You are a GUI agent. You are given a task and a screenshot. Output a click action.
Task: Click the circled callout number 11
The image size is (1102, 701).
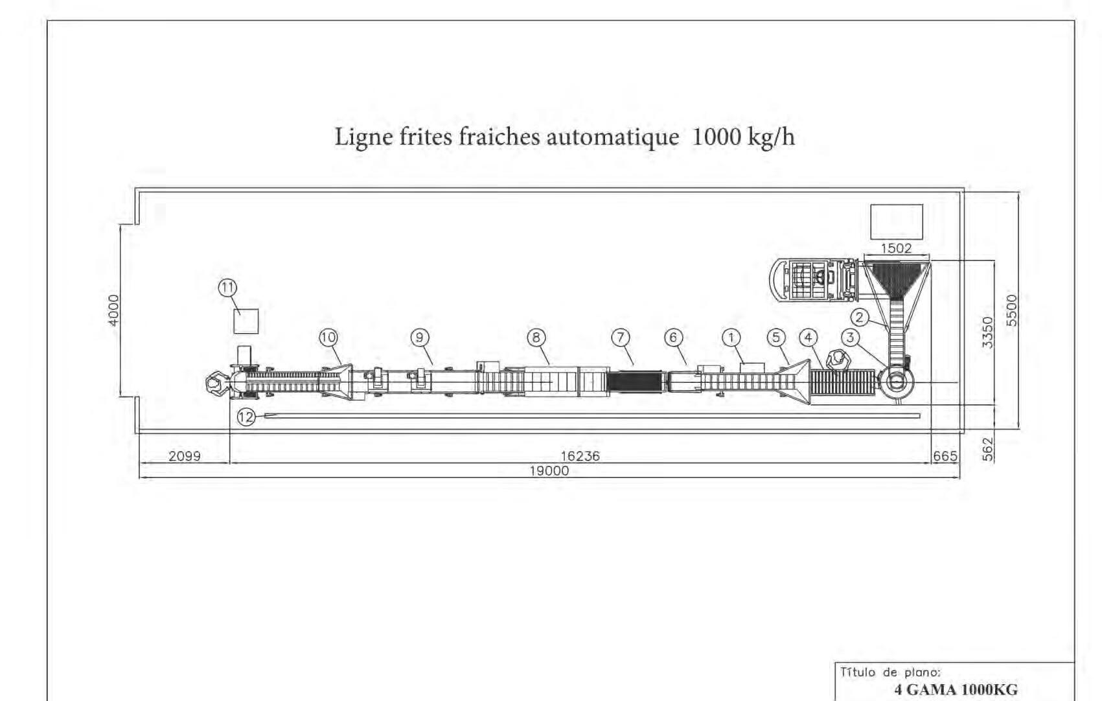(x=227, y=288)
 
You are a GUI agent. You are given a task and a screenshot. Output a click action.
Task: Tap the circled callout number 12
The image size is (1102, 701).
(x=246, y=417)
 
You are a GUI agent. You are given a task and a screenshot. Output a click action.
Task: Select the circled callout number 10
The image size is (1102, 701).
(x=328, y=337)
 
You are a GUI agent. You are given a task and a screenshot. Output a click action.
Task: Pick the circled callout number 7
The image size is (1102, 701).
(x=621, y=337)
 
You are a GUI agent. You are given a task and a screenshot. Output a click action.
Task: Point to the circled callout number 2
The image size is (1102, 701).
(x=859, y=317)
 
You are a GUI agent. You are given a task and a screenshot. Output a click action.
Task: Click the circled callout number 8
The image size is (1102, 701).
(x=536, y=337)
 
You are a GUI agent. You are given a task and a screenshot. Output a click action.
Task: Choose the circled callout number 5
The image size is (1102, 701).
(x=776, y=337)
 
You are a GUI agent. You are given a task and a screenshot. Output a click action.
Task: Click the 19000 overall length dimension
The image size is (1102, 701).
(x=549, y=471)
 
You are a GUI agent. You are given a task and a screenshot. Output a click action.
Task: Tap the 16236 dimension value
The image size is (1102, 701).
(x=580, y=456)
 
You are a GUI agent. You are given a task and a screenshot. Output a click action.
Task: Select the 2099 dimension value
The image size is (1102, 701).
(x=185, y=456)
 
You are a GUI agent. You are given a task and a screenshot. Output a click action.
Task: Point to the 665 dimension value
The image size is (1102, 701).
(x=945, y=456)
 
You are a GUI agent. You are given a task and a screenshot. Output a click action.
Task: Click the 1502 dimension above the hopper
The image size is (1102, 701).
(x=896, y=248)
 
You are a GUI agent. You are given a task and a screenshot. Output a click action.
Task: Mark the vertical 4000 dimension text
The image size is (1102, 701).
(x=114, y=310)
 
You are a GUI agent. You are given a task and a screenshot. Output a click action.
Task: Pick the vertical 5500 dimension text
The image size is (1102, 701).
(x=1012, y=310)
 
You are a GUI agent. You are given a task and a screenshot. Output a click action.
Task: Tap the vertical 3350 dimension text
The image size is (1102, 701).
(x=987, y=332)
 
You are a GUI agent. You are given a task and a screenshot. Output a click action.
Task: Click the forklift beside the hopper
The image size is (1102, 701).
(x=814, y=280)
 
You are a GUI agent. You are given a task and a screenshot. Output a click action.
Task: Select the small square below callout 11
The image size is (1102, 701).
(x=246, y=321)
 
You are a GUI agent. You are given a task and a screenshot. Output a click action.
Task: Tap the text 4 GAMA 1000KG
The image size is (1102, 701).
(x=956, y=690)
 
